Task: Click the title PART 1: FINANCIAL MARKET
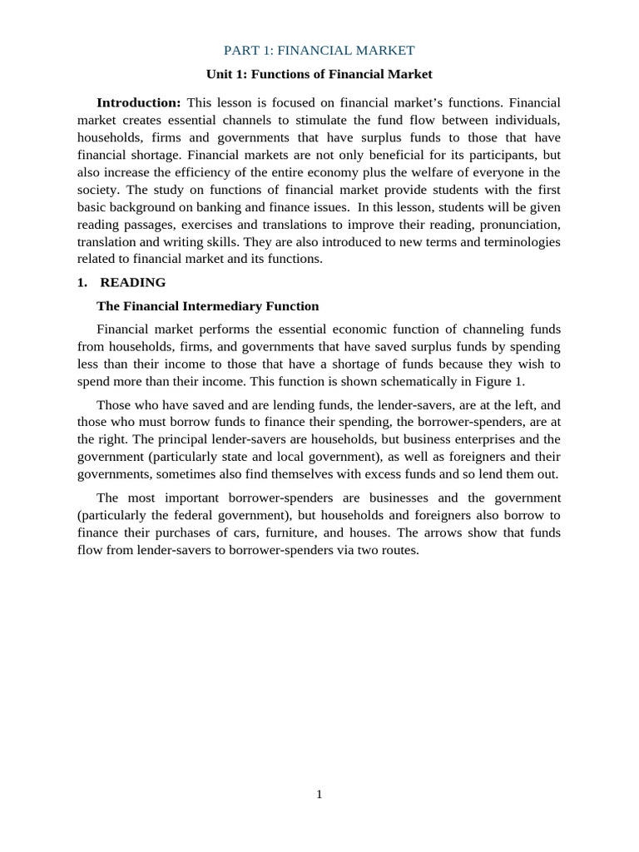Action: (x=319, y=51)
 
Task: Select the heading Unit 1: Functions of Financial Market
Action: (x=319, y=74)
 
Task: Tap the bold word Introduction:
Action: (x=139, y=102)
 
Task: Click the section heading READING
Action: (x=133, y=282)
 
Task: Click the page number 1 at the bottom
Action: (x=319, y=795)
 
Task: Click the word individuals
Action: (x=526, y=120)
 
